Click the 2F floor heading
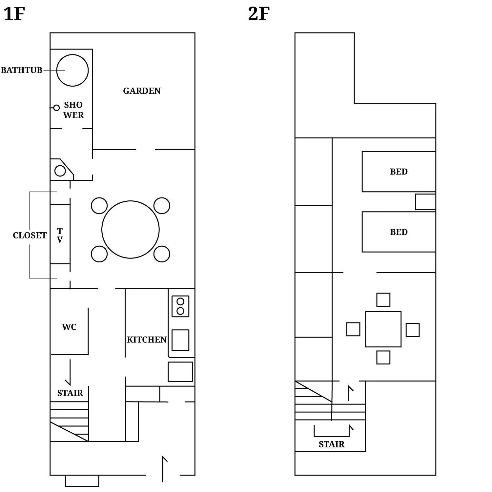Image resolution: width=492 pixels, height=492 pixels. (x=259, y=14)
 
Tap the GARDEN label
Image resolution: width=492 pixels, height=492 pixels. (x=142, y=91)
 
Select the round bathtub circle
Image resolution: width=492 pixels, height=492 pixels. (x=72, y=70)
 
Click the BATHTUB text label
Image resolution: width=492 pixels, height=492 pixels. (x=22, y=70)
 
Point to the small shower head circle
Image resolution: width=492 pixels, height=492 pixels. (x=56, y=108)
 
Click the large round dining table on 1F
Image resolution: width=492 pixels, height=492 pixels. (x=131, y=230)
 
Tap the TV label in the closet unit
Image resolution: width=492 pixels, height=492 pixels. (x=60, y=236)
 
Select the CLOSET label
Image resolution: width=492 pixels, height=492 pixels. (x=30, y=236)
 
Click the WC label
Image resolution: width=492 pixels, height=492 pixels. (x=69, y=327)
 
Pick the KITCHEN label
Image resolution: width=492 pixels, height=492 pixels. (x=147, y=340)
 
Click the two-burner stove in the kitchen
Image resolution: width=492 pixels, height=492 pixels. (x=180, y=306)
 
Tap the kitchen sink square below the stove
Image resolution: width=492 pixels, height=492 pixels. (x=180, y=340)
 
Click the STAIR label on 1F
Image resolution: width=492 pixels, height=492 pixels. (x=70, y=393)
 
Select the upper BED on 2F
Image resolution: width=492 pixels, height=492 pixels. (x=399, y=172)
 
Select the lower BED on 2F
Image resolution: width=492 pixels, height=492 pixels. (x=399, y=232)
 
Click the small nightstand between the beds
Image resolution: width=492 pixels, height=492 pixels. (x=425, y=202)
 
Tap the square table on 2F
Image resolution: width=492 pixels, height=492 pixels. (x=383, y=329)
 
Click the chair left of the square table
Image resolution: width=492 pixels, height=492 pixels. (x=353, y=329)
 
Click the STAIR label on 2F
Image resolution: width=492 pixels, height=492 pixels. (x=332, y=444)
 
